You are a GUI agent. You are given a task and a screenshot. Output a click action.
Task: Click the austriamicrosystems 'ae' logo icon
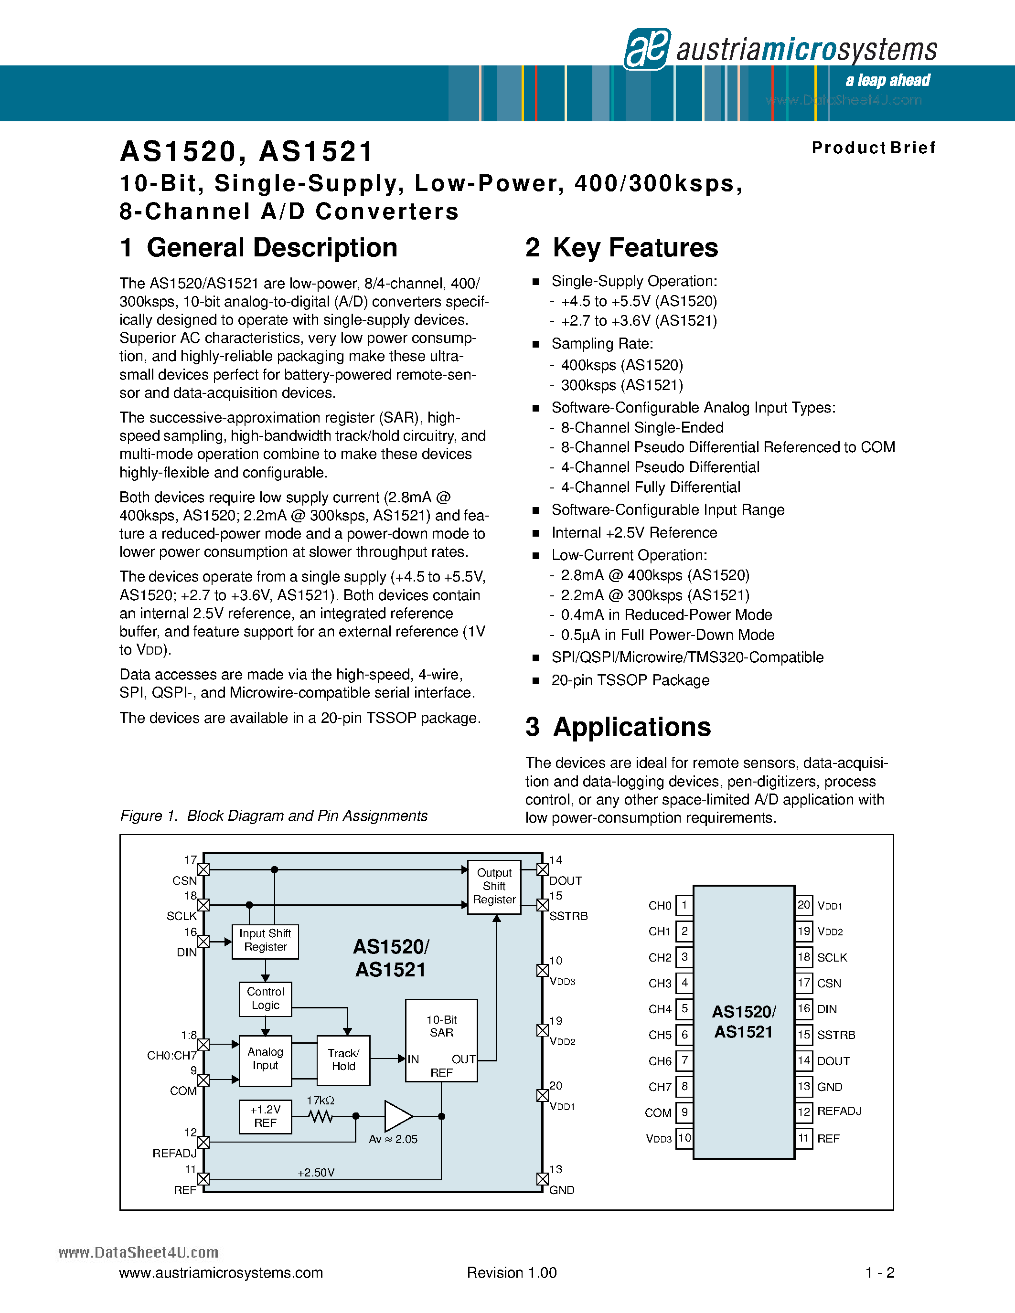(647, 49)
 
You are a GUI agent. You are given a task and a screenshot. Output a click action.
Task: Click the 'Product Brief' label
(873, 148)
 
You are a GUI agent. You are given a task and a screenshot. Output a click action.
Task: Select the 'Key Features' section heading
(622, 248)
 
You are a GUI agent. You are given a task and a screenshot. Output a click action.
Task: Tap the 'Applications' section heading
(618, 727)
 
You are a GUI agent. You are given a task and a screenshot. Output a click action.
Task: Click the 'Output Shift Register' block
(494, 886)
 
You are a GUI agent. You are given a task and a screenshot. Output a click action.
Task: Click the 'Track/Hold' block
(343, 1060)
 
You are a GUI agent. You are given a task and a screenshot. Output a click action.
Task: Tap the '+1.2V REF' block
(265, 1116)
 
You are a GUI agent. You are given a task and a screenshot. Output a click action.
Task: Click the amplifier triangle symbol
(397, 1116)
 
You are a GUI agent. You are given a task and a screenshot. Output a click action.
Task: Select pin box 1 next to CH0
(684, 905)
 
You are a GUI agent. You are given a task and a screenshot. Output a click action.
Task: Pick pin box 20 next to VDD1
(804, 905)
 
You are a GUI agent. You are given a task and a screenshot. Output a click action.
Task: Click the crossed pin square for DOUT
(543, 870)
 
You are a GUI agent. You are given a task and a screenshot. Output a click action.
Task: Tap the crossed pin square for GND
(543, 1179)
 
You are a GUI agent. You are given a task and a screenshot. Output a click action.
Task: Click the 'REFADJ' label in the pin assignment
(839, 1112)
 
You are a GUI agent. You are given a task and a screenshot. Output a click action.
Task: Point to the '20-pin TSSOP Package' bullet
(630, 680)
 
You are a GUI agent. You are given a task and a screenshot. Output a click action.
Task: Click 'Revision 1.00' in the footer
(512, 1273)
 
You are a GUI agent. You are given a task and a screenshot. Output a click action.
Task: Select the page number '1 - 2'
(880, 1273)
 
